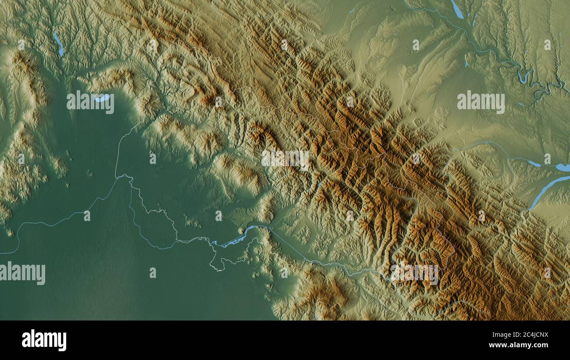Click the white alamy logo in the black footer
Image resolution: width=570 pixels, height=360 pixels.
pos(44,340)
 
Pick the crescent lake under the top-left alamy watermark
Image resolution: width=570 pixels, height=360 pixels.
pos(102,98)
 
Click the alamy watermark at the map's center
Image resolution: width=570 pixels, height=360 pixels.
pos(285,159)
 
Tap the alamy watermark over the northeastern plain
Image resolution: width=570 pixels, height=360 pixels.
pos(481,102)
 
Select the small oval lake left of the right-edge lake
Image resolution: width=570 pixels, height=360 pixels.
pos(534,164)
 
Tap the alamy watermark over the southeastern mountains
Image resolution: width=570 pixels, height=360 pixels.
pos(414,274)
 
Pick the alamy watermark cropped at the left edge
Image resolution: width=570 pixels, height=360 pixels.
pos(23,273)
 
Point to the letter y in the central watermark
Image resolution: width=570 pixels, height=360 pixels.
pos(305,160)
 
